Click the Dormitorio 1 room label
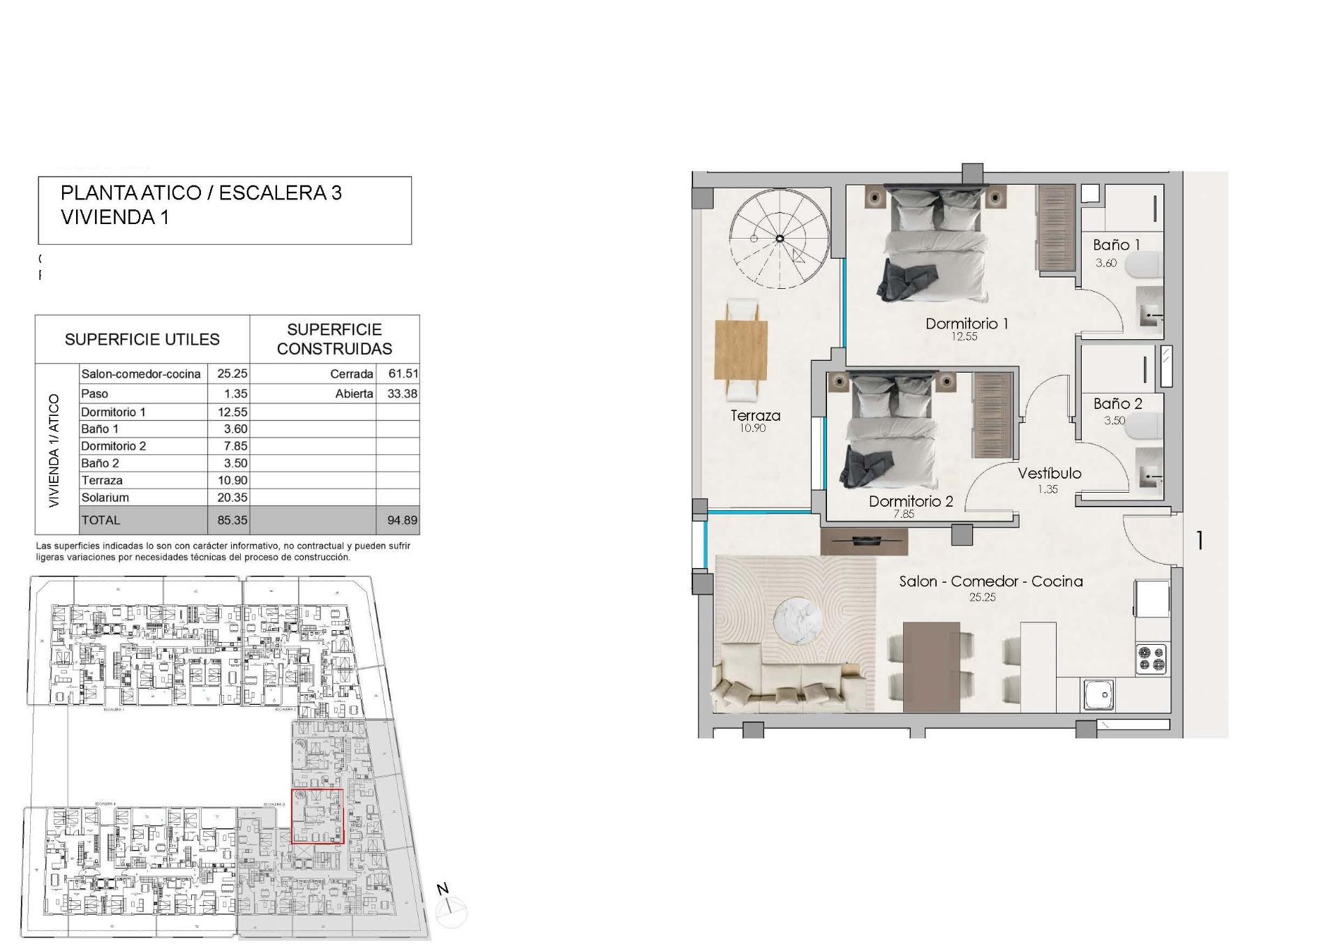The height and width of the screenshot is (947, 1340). click(967, 324)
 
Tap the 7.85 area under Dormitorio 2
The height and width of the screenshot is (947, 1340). click(904, 514)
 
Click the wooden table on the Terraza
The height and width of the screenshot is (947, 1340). click(741, 350)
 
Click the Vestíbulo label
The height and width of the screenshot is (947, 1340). click(1049, 474)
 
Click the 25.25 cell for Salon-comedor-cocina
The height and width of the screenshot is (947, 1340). click(232, 374)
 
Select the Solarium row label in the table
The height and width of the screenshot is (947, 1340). click(105, 498)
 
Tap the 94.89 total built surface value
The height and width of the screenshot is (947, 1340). click(402, 520)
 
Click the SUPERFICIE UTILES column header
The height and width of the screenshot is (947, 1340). click(142, 340)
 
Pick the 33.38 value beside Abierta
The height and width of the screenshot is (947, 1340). click(402, 394)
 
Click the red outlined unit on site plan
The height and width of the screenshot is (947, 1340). click(317, 816)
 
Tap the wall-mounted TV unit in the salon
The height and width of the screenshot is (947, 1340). click(864, 541)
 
